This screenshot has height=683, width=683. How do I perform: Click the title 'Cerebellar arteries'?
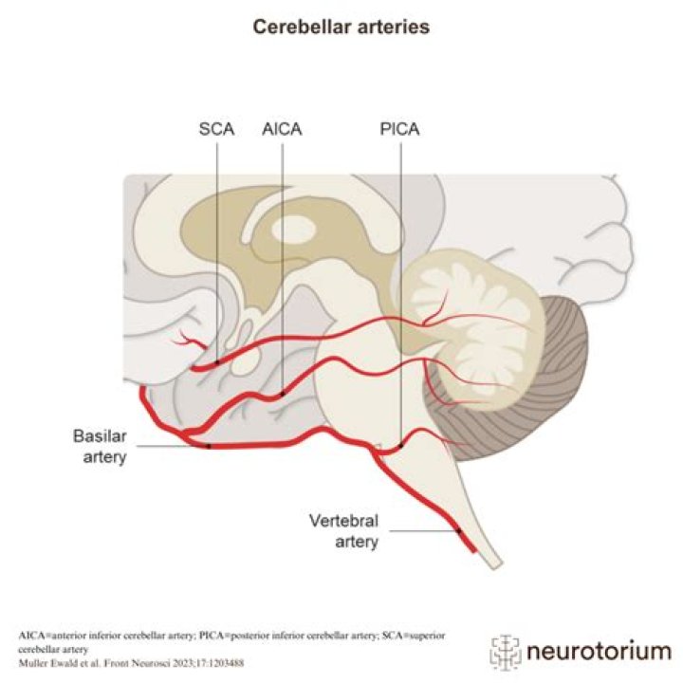[341, 28]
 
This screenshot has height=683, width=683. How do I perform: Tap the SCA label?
[216, 129]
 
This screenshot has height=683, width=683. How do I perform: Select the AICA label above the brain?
[282, 129]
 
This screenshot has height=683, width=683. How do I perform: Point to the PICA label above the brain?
[399, 129]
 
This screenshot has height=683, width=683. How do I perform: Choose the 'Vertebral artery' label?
[345, 531]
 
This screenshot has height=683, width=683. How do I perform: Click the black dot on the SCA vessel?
[217, 361]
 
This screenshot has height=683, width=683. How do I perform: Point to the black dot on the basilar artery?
[208, 445]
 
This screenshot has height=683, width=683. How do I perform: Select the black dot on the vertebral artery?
[458, 531]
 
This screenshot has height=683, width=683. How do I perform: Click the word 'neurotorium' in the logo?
[598, 652]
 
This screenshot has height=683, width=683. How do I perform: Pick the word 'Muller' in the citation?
[33, 661]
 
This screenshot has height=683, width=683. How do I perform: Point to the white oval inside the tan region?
[295, 227]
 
